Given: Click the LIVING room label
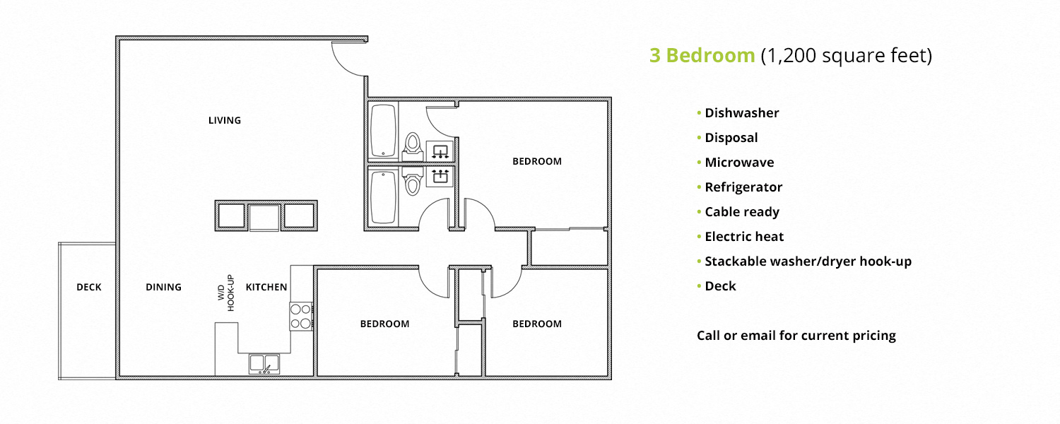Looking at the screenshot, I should [224, 120].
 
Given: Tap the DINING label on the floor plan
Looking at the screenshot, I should [163, 287].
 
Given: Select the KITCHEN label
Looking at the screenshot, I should [266, 287].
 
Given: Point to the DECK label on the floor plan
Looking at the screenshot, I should [89, 287].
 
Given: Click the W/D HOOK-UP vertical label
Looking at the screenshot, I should [225, 293].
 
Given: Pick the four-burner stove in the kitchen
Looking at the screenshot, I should [301, 316].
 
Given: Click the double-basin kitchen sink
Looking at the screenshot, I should [264, 363].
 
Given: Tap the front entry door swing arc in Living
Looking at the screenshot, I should [346, 60].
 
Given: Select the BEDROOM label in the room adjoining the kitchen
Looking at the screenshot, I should [384, 324].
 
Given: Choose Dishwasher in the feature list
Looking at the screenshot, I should [741, 113].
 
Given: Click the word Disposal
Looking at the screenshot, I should [731, 138].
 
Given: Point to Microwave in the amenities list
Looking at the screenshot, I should [739, 163].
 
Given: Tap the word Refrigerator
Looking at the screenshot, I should [743, 187].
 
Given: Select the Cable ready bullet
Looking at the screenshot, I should [742, 212].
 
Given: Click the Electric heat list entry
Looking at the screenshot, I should [744, 237].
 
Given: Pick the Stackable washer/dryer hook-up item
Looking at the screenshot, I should [808, 261].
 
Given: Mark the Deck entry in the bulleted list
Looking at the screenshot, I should [720, 286].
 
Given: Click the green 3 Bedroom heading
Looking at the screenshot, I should [702, 56].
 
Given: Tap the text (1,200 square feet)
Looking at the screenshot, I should [847, 56].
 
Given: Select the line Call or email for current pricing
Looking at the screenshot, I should [796, 335].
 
